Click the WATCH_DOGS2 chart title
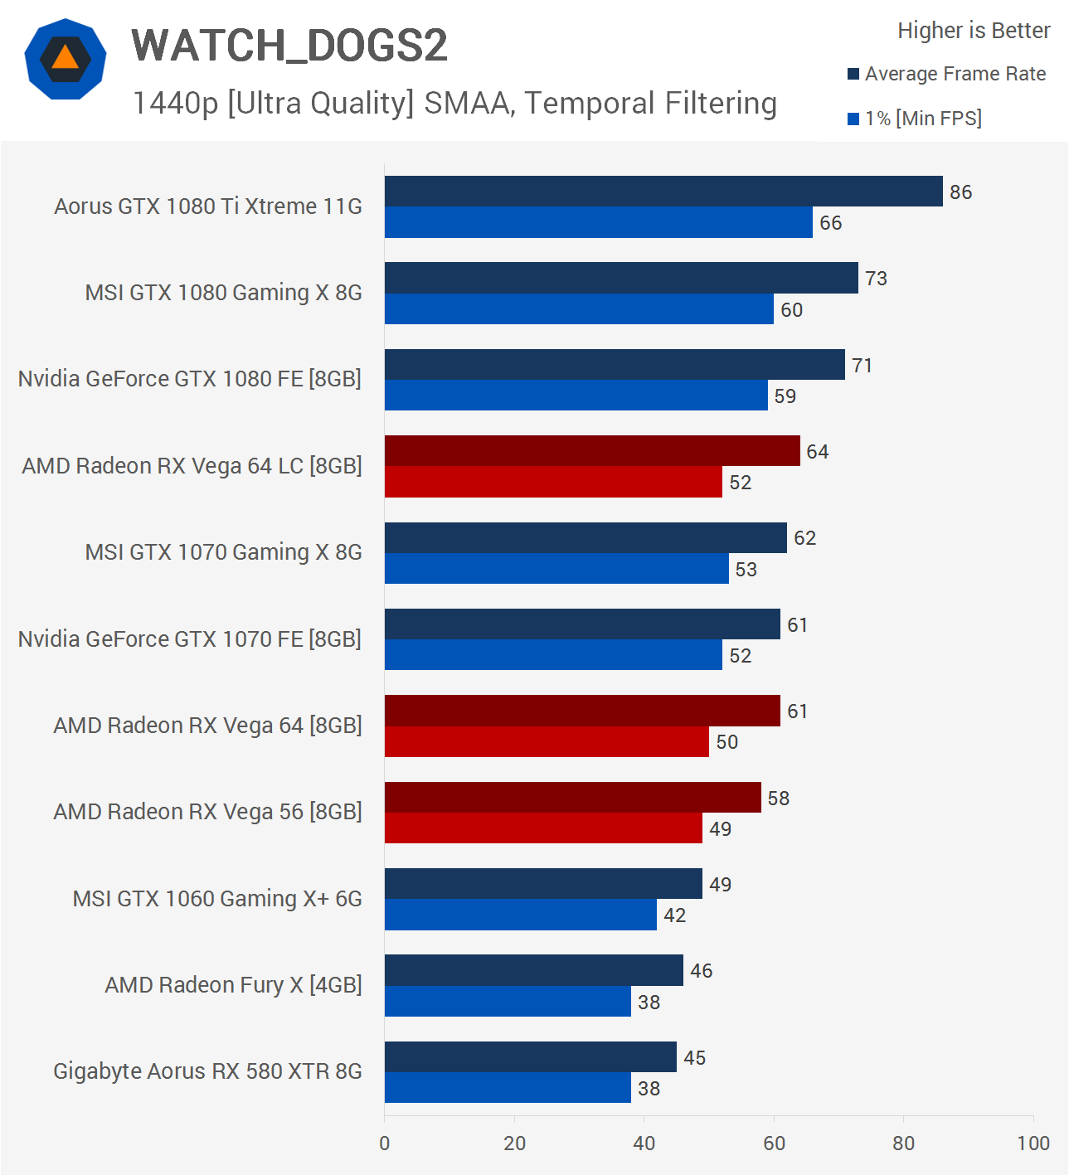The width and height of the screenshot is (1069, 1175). pyautogui.click(x=289, y=45)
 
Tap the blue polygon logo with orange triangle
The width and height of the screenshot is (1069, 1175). pyautogui.click(x=66, y=60)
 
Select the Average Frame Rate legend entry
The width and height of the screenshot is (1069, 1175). pyautogui.click(x=955, y=74)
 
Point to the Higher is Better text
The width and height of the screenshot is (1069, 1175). pyautogui.click(x=974, y=31)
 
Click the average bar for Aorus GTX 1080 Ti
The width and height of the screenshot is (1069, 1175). pyautogui.click(x=663, y=192)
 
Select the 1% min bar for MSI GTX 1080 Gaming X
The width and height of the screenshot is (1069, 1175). pyautogui.click(x=579, y=309)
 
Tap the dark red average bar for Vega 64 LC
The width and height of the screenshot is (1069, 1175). pyautogui.click(x=592, y=451)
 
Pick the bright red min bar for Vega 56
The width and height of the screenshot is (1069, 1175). pyautogui.click(x=543, y=828)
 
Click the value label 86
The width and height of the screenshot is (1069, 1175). pyautogui.click(x=960, y=192)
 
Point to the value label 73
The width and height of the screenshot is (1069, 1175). pyautogui.click(x=876, y=279)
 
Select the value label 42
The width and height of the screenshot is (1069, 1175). pyautogui.click(x=674, y=915)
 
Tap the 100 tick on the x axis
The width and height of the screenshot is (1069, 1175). pyautogui.click(x=1033, y=1143)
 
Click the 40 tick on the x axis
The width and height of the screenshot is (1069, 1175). pyautogui.click(x=644, y=1143)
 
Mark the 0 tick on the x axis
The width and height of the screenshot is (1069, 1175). pyautogui.click(x=385, y=1143)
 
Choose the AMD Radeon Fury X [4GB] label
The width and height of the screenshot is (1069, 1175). pyautogui.click(x=233, y=985)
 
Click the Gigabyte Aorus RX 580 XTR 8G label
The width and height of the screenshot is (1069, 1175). pyautogui.click(x=207, y=1071)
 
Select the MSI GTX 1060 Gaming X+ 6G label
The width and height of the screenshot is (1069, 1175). pyautogui.click(x=217, y=899)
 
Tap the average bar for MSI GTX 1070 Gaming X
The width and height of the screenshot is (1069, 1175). pyautogui.click(x=586, y=537)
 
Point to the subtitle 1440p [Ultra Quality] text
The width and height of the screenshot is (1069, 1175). pyautogui.click(x=454, y=104)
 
